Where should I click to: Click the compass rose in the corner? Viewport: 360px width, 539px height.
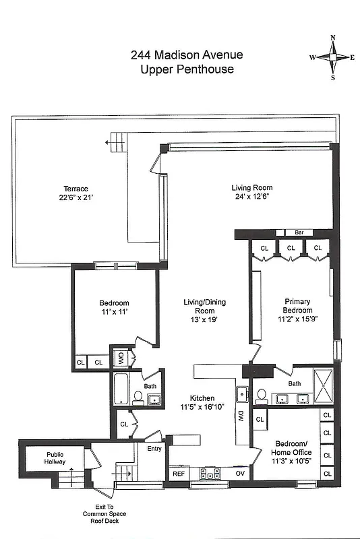tap(332, 57)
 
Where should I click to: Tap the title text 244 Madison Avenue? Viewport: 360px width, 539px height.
tap(187, 56)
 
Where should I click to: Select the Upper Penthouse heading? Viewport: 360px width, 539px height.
tap(187, 69)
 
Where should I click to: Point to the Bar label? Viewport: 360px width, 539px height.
tap(299, 232)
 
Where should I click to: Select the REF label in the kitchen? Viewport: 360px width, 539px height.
tap(179, 474)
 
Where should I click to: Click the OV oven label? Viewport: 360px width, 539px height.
tap(239, 474)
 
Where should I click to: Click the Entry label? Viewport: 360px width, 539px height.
tap(154, 448)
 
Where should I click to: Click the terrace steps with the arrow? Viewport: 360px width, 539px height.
tap(118, 142)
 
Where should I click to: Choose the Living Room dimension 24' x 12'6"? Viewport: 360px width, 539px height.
tap(251, 197)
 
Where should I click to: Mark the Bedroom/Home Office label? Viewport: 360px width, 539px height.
tap(292, 448)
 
